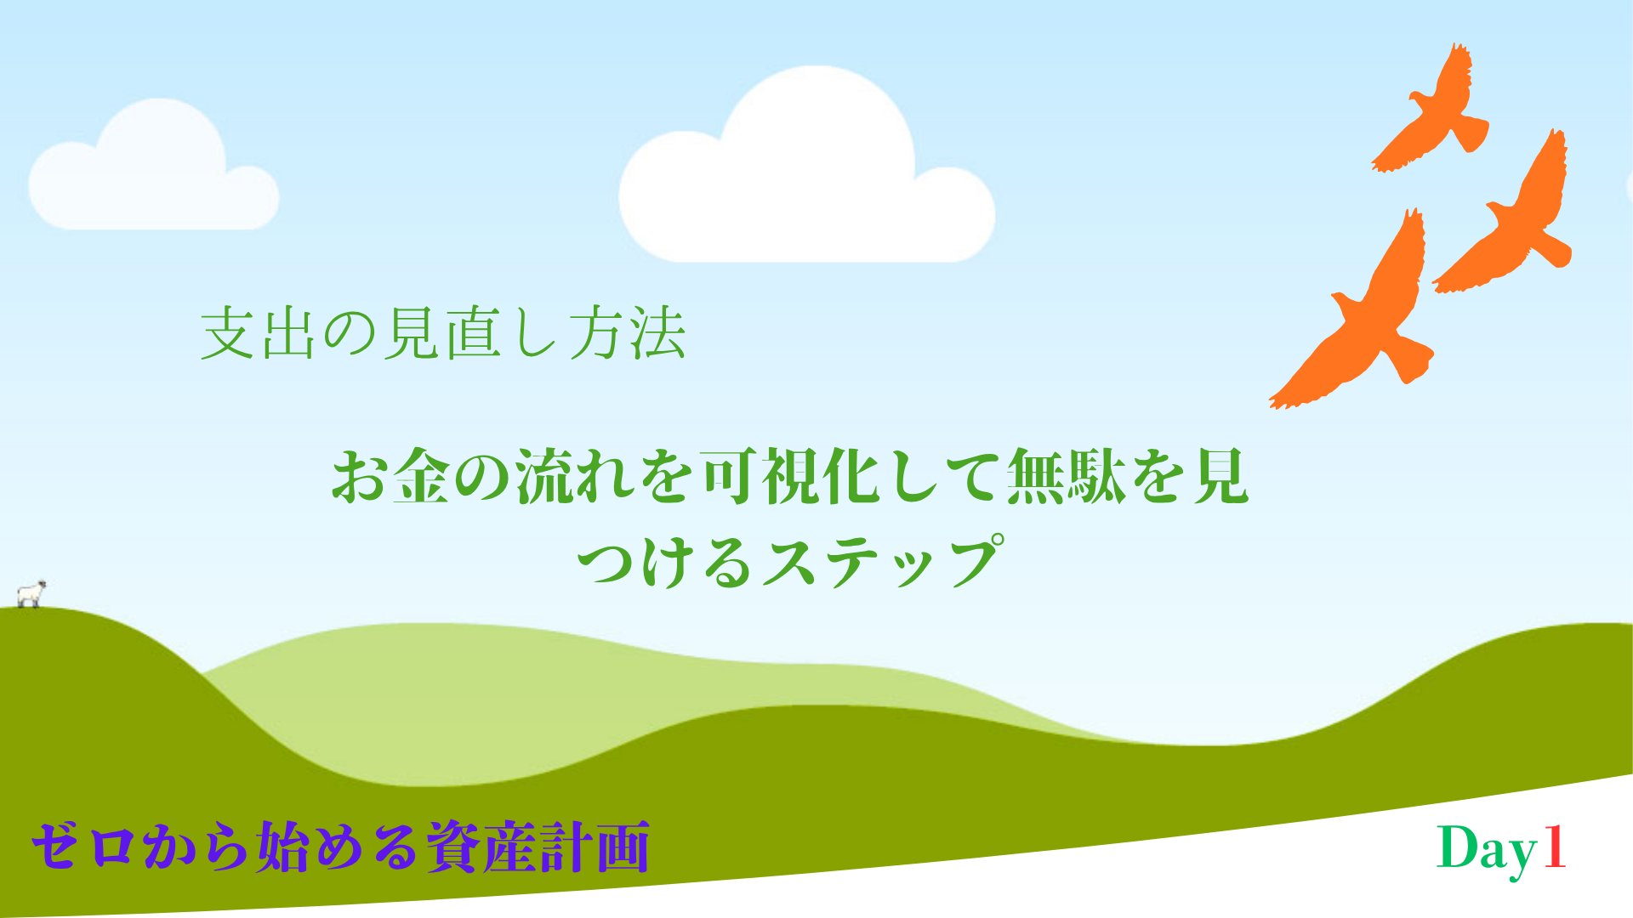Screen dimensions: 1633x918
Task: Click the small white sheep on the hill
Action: [31, 594]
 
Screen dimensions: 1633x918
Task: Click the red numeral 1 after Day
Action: [1554, 847]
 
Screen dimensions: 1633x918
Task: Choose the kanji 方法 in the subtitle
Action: [628, 333]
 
